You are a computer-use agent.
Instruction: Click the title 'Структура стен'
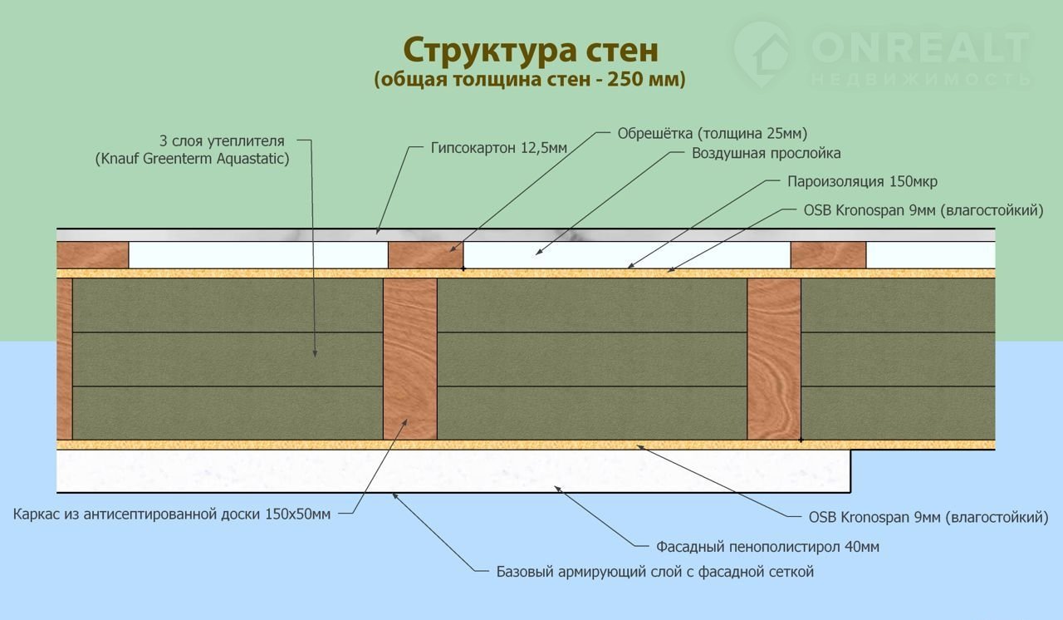531,50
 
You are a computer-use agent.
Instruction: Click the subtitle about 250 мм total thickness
531,80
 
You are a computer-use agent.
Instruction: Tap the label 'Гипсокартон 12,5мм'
499,148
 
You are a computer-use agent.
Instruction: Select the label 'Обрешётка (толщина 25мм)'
713,133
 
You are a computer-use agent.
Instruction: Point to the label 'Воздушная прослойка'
767,153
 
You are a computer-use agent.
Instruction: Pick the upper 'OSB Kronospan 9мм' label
923,210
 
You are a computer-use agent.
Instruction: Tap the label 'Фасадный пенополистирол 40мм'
767,547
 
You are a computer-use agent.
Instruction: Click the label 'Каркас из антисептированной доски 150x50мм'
172,514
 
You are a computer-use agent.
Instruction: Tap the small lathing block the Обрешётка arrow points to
425,255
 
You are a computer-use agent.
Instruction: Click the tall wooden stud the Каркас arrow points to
409,358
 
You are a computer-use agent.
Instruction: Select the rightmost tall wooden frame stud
774,358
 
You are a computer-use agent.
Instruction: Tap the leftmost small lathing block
92,255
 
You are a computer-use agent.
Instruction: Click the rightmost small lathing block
828,255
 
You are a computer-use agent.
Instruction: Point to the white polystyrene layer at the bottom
453,470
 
